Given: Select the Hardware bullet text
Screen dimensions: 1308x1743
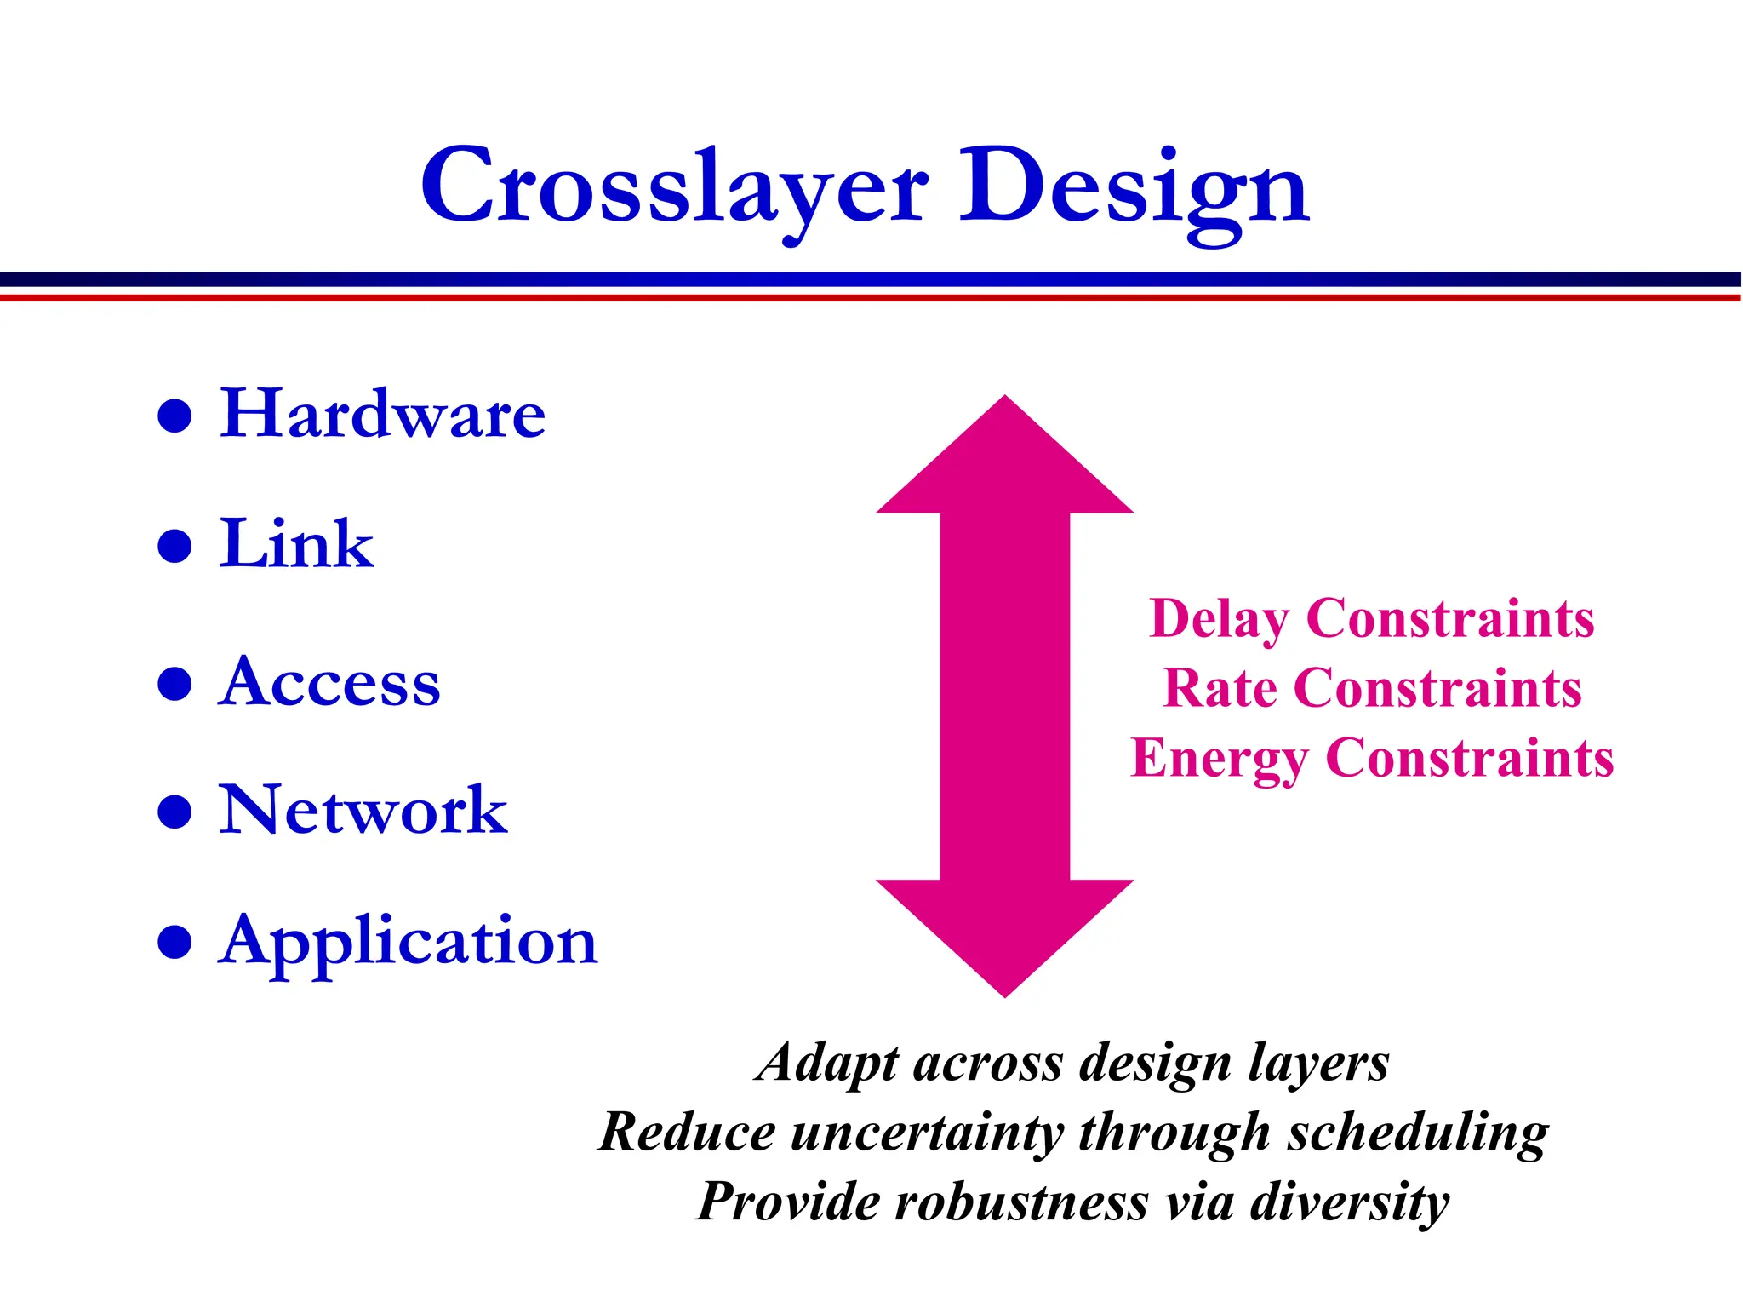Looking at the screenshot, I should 382,415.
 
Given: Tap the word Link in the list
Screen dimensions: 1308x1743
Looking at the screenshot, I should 296,544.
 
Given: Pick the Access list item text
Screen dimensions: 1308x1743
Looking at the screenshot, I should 329,683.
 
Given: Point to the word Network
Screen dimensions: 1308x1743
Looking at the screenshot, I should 363,811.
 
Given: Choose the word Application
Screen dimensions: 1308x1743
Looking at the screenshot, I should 408,942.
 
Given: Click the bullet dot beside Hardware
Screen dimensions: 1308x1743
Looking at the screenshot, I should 174,416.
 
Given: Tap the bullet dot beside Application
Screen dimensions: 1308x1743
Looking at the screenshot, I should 174,943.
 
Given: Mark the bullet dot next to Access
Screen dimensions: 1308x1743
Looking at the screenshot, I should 174,684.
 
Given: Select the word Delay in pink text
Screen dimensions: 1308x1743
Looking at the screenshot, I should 1219,619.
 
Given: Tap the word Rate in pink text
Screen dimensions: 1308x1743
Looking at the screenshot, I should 1219,688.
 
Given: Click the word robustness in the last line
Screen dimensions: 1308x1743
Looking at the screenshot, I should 1021,1203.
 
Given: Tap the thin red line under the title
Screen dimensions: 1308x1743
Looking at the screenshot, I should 871,297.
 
